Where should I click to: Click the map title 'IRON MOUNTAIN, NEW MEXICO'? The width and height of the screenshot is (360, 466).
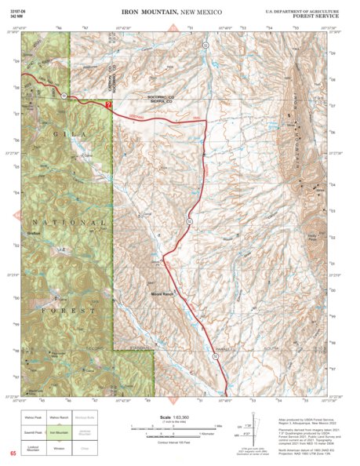coord(172,13)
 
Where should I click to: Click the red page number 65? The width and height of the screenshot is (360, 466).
coord(13,453)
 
